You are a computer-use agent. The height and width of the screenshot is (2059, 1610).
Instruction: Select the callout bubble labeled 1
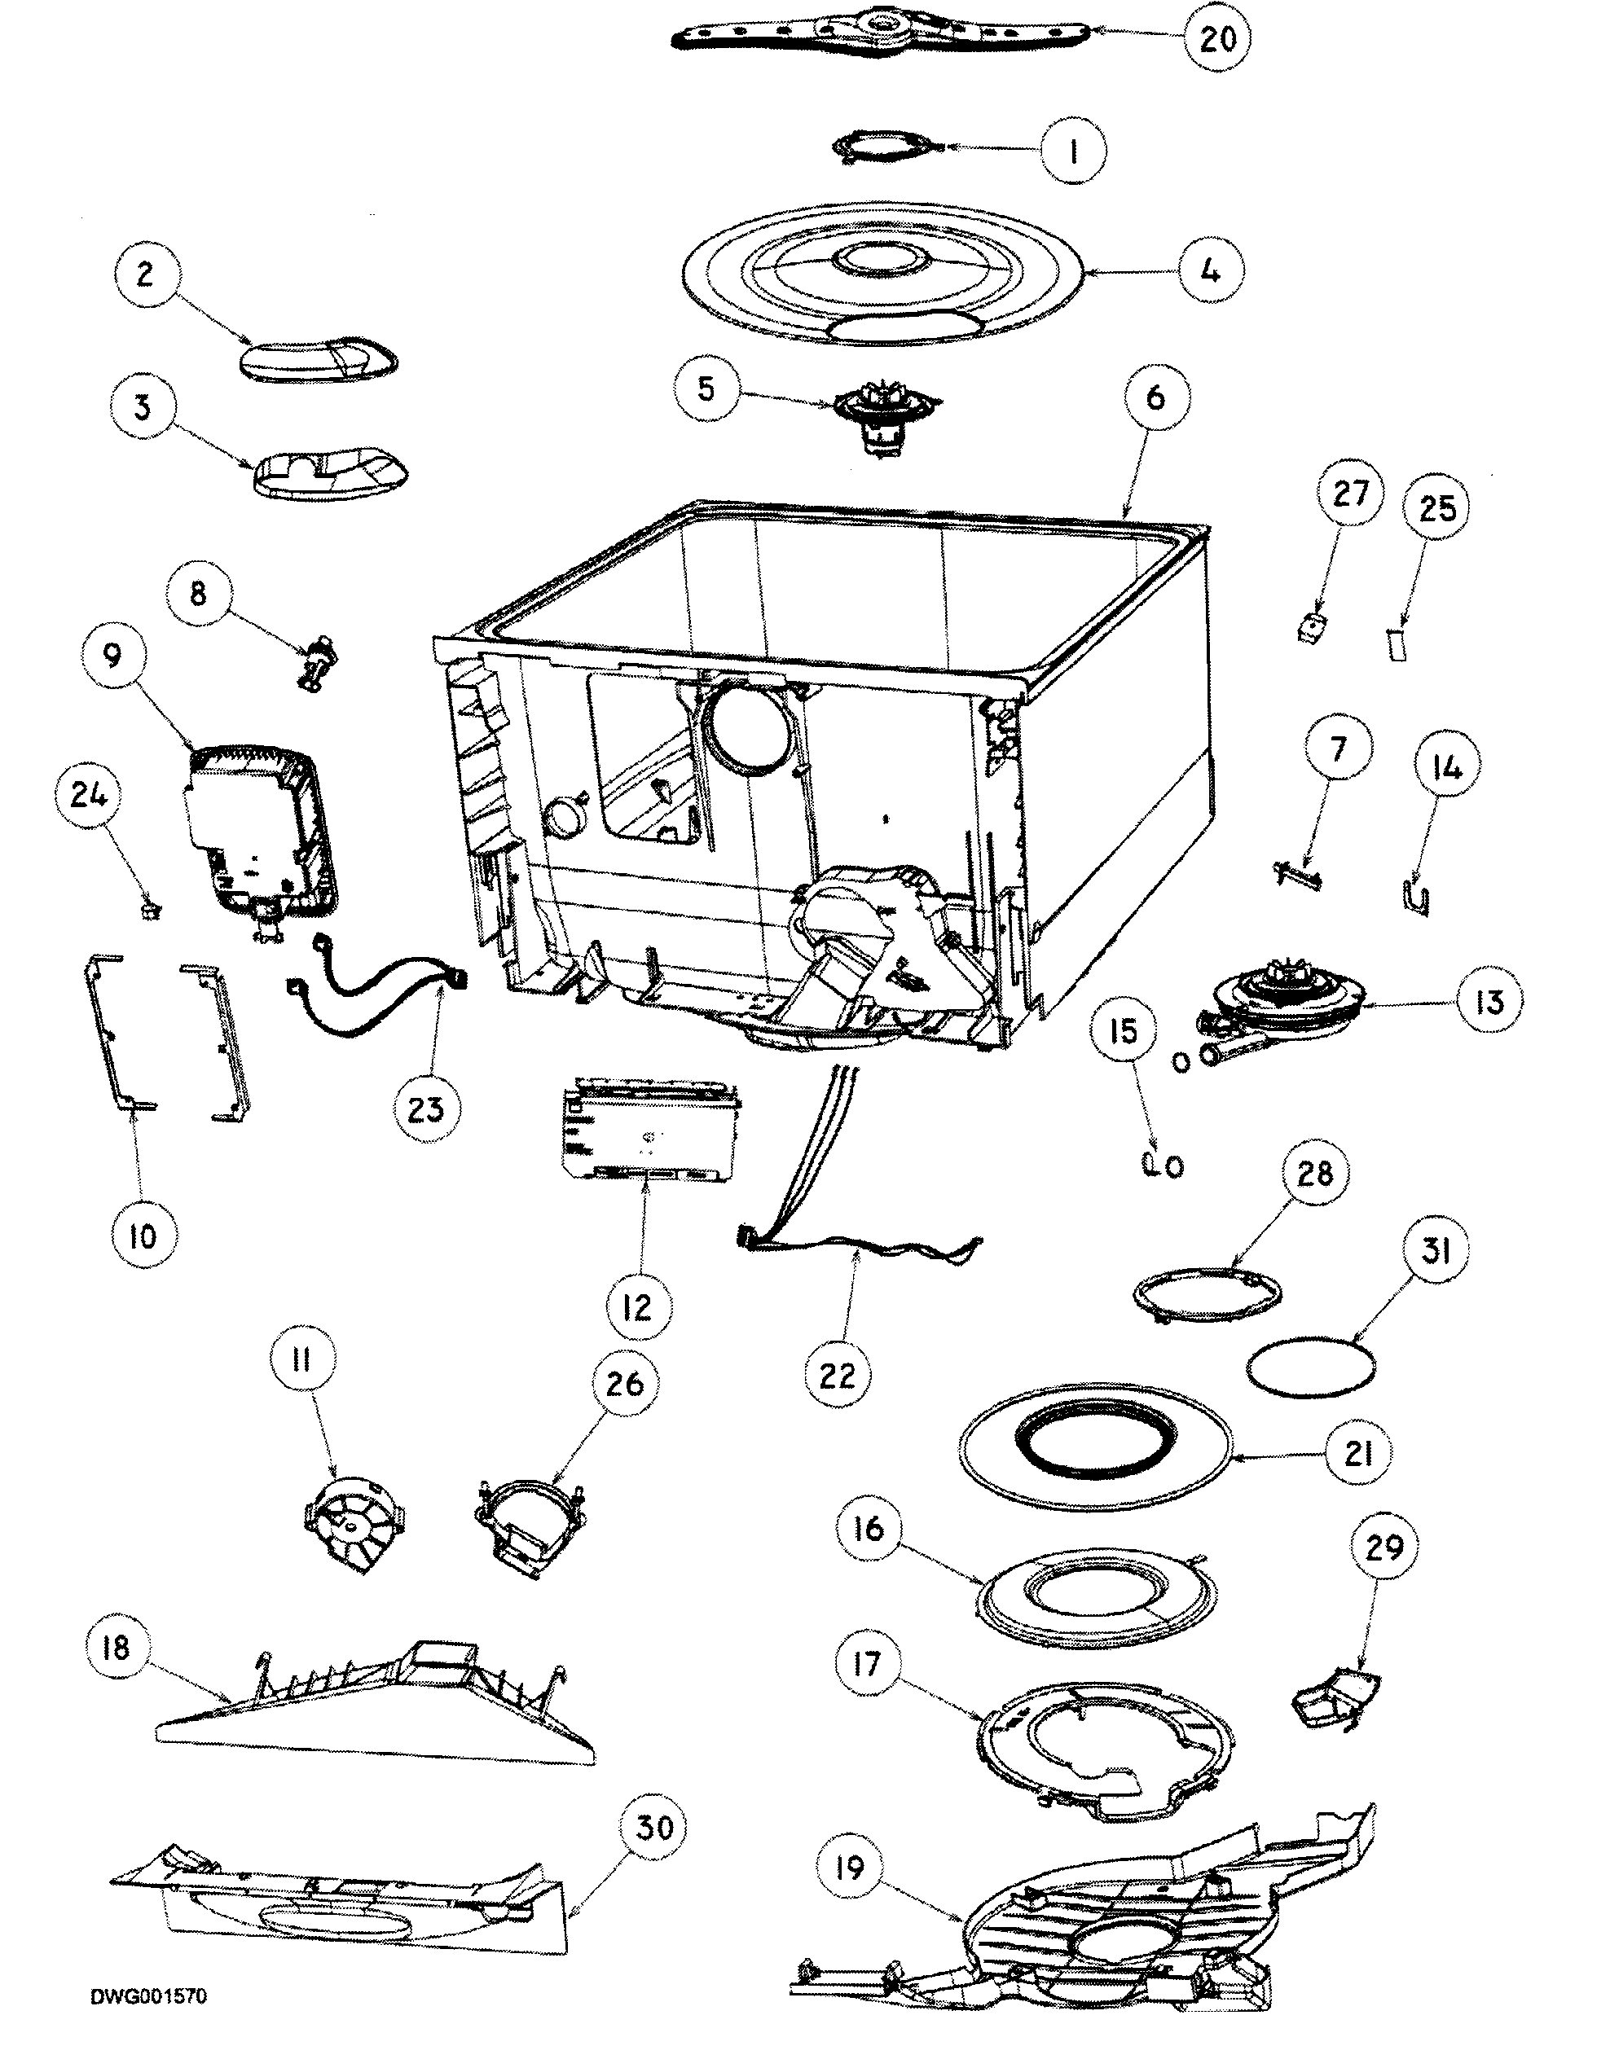click(1074, 150)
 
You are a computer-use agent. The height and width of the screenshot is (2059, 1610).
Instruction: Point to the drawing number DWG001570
click(149, 2022)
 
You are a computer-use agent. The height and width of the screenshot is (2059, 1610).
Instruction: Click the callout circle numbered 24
click(89, 795)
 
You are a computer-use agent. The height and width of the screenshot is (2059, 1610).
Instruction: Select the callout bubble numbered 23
click(425, 1109)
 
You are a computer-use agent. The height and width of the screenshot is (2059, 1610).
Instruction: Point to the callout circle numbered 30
click(654, 1828)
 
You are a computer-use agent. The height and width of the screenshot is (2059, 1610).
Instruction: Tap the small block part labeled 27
click(1309, 629)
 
